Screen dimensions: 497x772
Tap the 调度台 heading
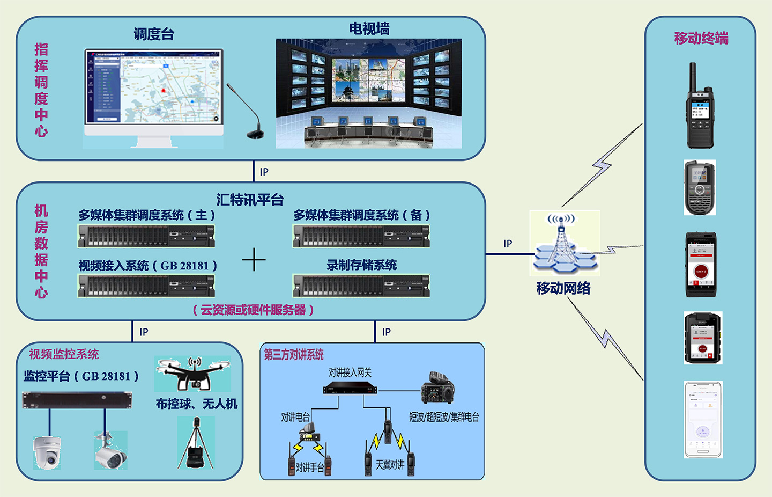[154, 34]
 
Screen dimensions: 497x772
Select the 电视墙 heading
[369, 29]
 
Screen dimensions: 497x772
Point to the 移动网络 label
[563, 288]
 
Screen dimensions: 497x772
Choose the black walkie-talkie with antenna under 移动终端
[700, 107]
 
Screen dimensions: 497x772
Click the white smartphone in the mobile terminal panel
[703, 420]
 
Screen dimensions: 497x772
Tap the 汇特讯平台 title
[250, 200]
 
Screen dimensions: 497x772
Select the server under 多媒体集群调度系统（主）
[146, 236]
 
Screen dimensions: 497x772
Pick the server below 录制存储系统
[361, 286]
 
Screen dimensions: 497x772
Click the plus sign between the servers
[254, 260]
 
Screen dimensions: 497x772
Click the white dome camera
[47, 452]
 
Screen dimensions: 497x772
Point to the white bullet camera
[110, 451]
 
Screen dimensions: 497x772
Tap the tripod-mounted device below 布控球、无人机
[195, 443]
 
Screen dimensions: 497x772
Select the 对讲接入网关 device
[350, 389]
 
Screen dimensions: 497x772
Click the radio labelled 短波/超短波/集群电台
[437, 388]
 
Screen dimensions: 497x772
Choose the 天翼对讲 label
[390, 465]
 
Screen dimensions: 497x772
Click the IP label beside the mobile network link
[508, 244]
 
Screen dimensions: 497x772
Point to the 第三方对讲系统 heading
[294, 354]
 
